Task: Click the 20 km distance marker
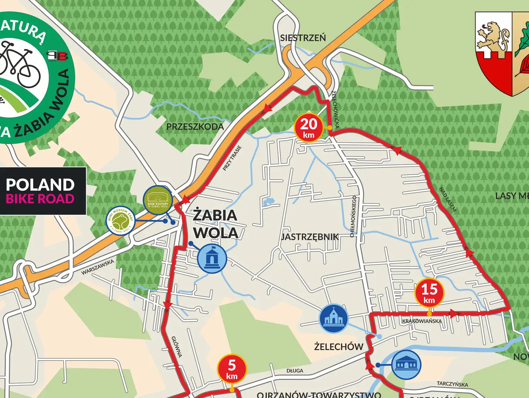tap(308, 127)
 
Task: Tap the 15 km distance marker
tap(429, 293)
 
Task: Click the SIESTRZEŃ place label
tap(303, 38)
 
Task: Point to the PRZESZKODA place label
tap(195, 127)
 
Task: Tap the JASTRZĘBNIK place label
tap(310, 237)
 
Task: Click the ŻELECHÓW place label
tap(338, 346)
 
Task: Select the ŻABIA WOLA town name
tap(215, 224)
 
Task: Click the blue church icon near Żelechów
tap(333, 318)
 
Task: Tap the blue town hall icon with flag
tap(212, 258)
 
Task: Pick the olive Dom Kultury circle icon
tap(158, 200)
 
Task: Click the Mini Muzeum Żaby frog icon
tap(120, 221)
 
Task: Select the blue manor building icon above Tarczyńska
tap(406, 364)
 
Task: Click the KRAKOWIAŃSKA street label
tap(422, 321)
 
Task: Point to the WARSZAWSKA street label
tap(98, 267)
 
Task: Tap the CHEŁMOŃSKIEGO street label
tap(353, 216)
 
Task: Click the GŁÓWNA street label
tap(177, 346)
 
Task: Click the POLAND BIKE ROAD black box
tap(42, 191)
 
